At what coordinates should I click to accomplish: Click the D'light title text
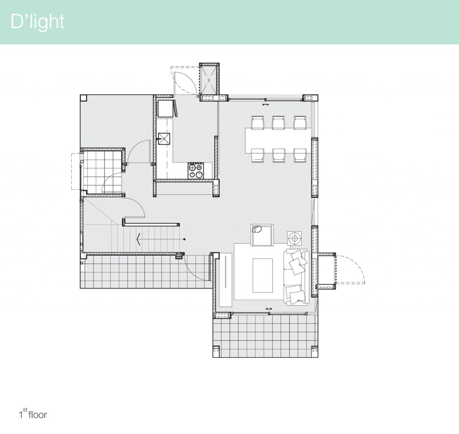click(38, 22)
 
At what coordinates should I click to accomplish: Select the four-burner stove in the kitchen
click(196, 171)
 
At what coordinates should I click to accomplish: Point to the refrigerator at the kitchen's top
click(165, 108)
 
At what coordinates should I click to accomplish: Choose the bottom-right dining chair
click(300, 155)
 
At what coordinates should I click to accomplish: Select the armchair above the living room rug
click(262, 235)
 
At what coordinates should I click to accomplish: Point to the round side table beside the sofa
click(294, 237)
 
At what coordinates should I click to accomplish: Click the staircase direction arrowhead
click(139, 240)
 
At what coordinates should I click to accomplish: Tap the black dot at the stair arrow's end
click(184, 240)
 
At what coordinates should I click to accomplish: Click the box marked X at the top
click(208, 81)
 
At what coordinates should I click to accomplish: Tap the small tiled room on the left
click(103, 172)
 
